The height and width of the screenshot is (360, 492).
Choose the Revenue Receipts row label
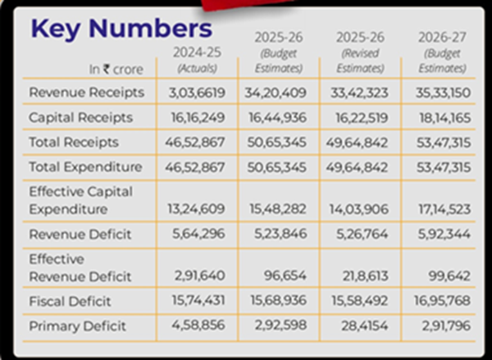86,92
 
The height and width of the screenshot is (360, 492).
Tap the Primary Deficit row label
77,326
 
